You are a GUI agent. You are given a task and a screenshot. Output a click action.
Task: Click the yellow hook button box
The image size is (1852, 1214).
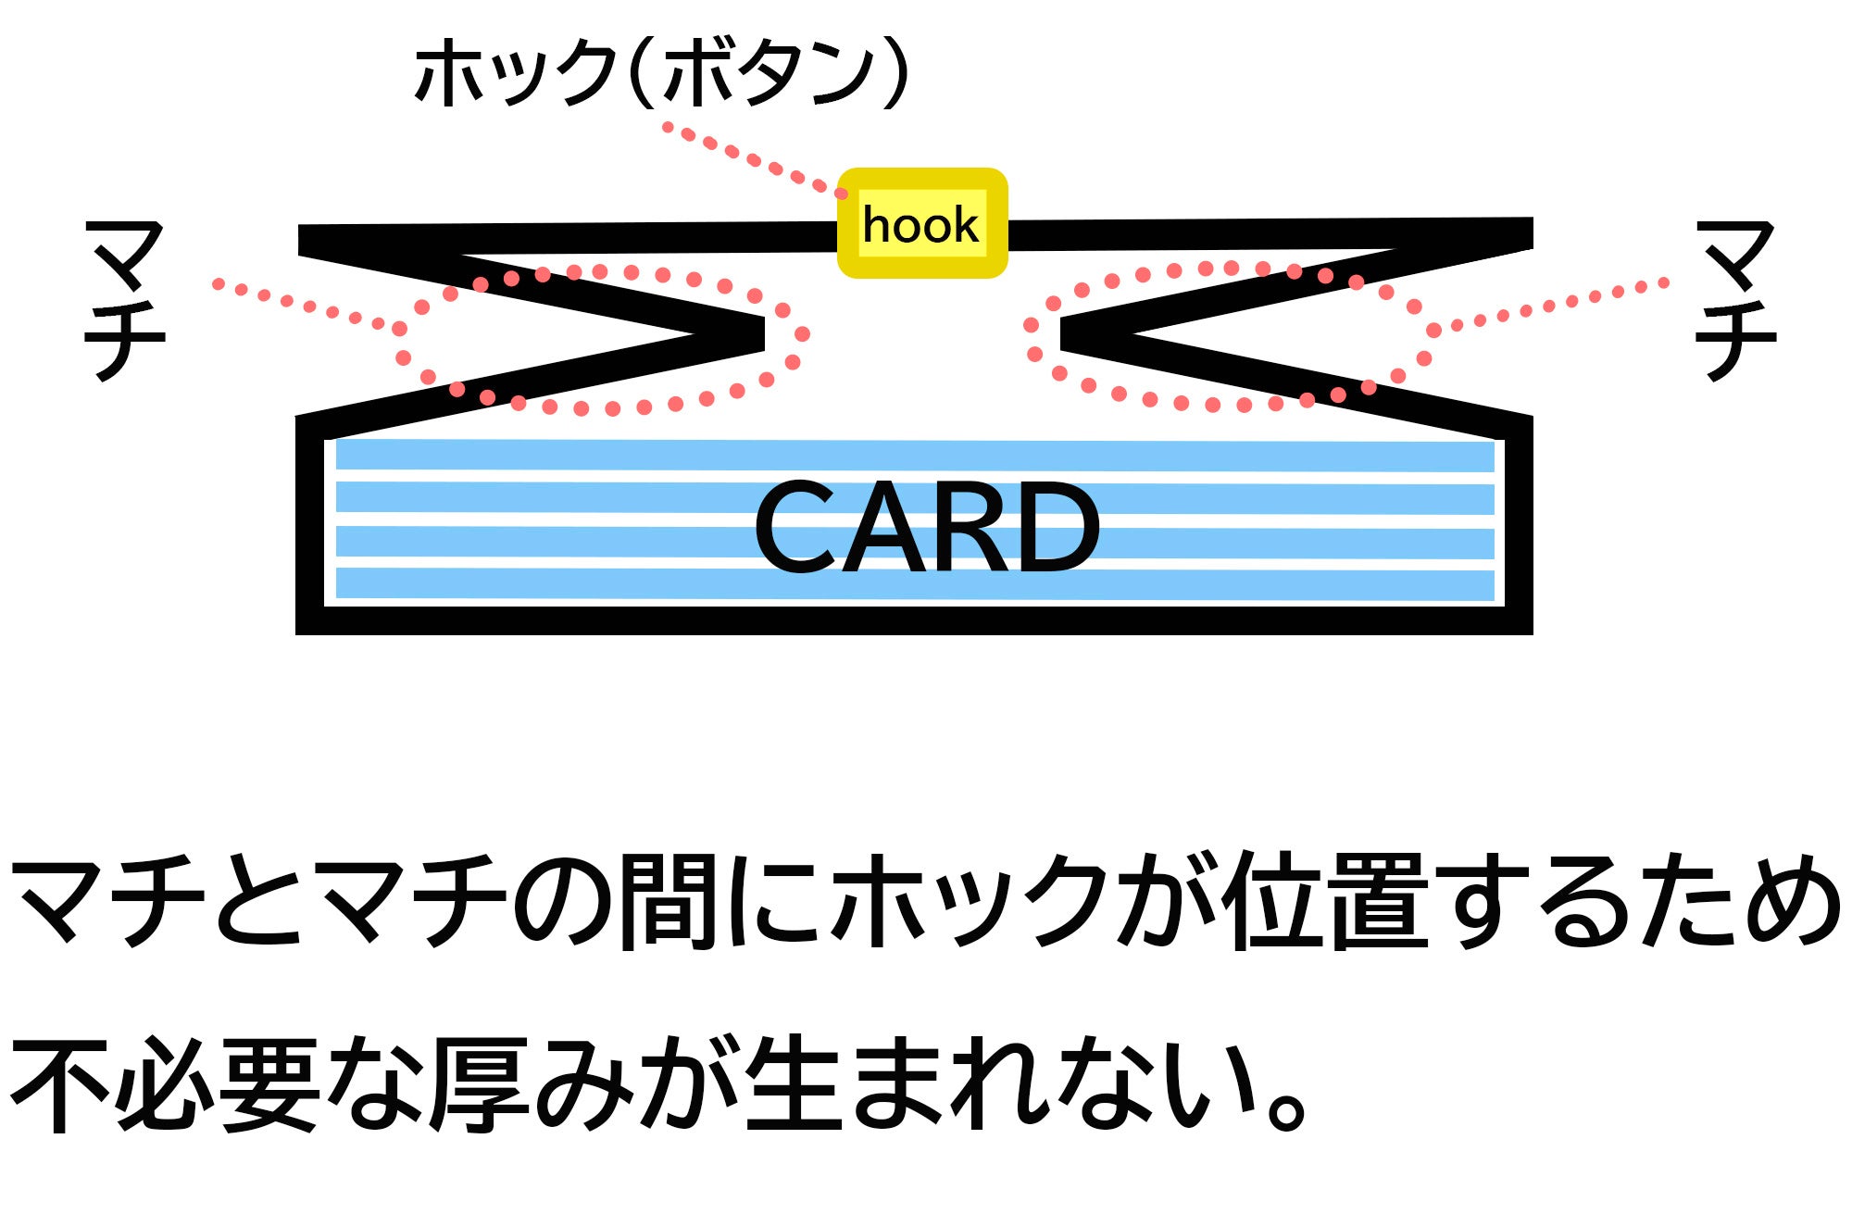click(921, 223)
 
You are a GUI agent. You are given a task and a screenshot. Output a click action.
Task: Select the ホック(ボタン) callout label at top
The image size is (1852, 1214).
click(661, 72)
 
